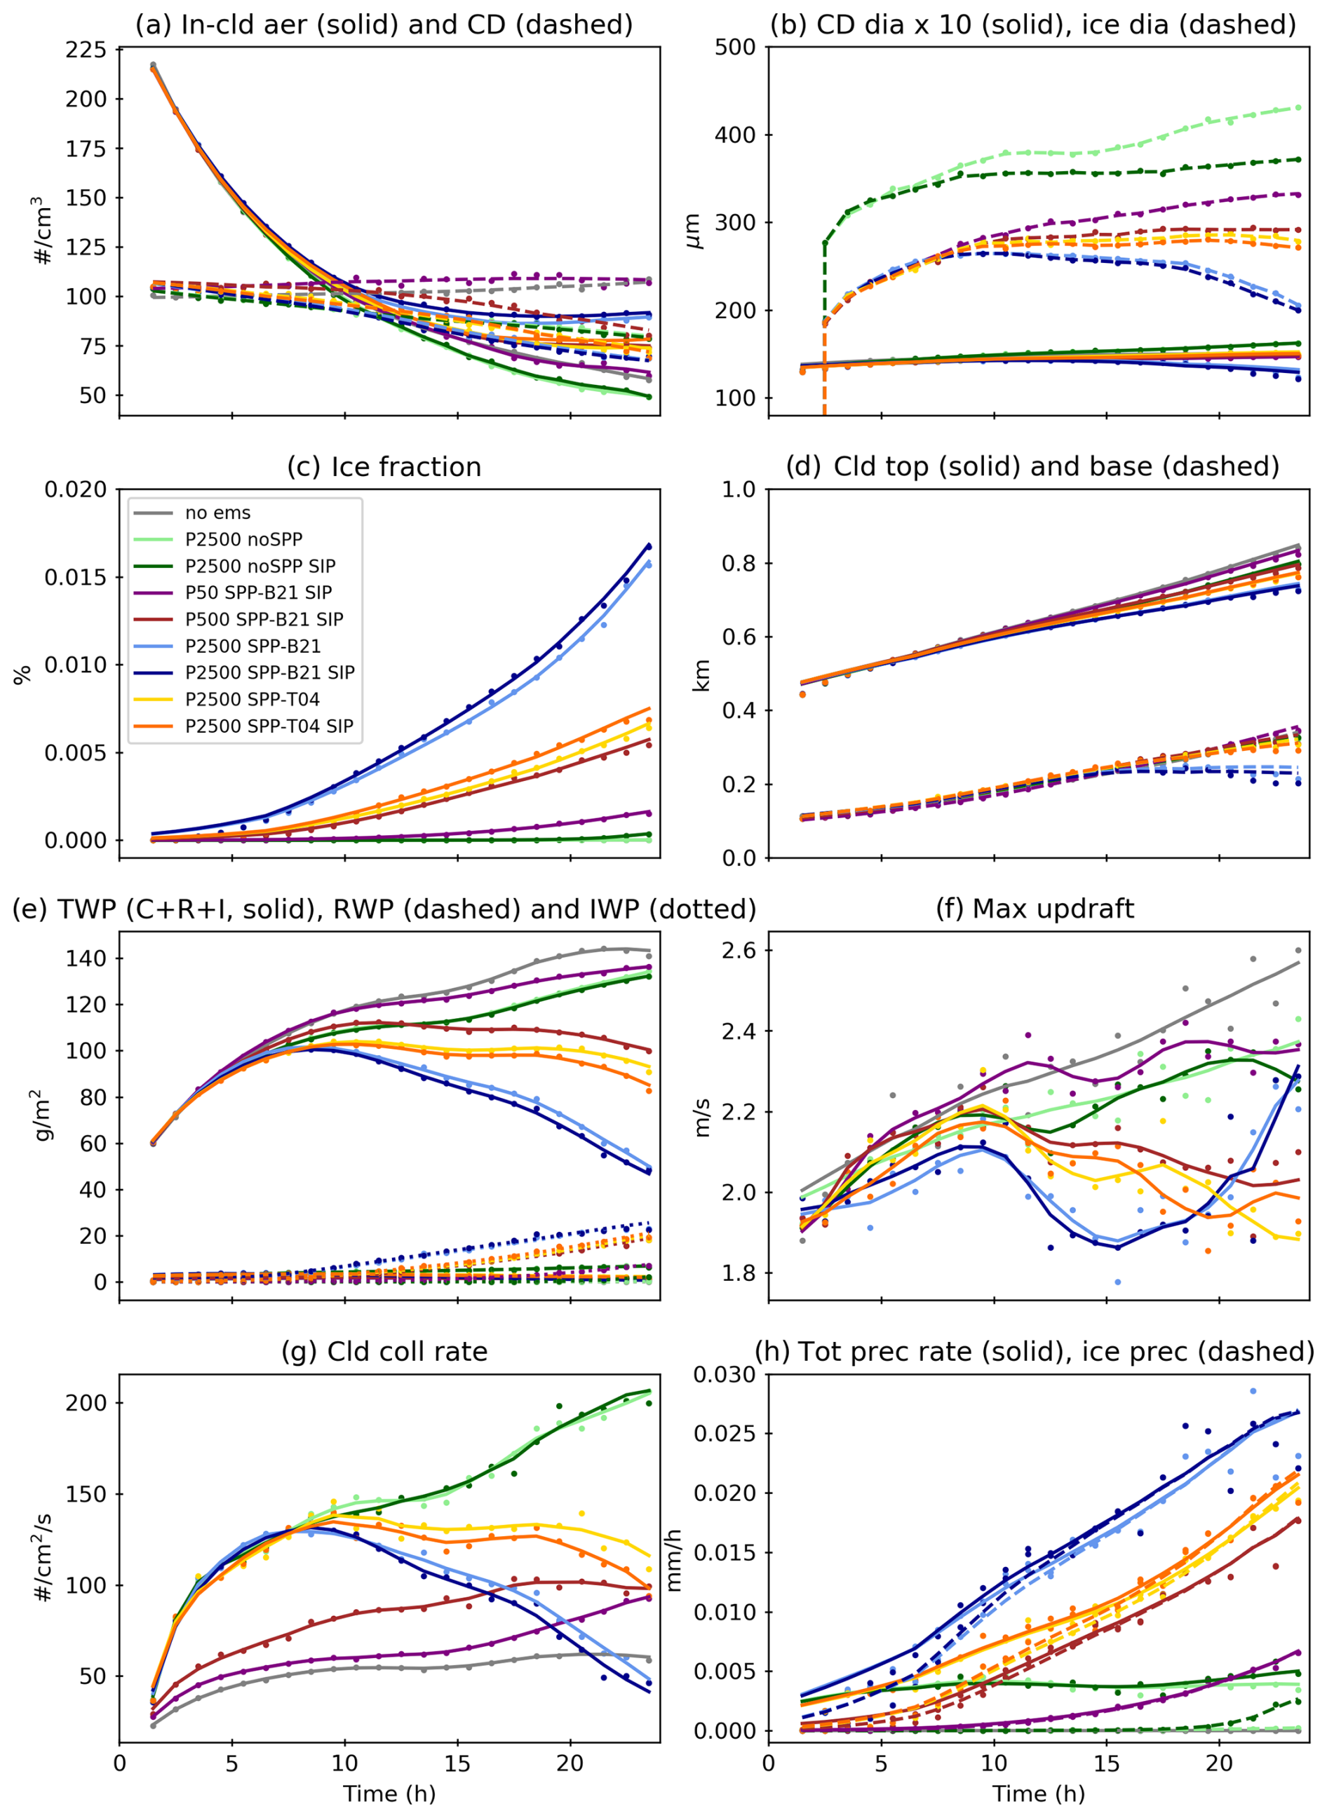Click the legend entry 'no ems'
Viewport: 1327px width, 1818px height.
click(217, 513)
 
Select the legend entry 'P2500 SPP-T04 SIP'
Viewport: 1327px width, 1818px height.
click(269, 726)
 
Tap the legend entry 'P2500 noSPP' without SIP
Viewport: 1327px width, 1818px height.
click(243, 540)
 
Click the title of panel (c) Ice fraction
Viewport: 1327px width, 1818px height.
click(384, 468)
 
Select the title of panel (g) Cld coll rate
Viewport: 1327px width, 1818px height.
click(384, 1352)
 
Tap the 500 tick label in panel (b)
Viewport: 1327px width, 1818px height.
click(735, 48)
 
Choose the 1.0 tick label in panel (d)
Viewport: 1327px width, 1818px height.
click(739, 490)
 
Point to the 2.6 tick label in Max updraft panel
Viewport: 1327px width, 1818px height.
click(739, 951)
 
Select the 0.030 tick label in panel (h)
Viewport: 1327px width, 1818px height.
click(725, 1375)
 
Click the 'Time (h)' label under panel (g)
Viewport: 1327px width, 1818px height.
click(389, 1794)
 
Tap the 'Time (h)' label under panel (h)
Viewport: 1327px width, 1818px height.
click(1039, 1794)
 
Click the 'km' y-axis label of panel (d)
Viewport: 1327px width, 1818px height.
click(701, 674)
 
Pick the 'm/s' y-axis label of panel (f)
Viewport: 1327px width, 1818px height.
click(701, 1117)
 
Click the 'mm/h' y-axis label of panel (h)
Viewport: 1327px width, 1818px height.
click(673, 1559)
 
